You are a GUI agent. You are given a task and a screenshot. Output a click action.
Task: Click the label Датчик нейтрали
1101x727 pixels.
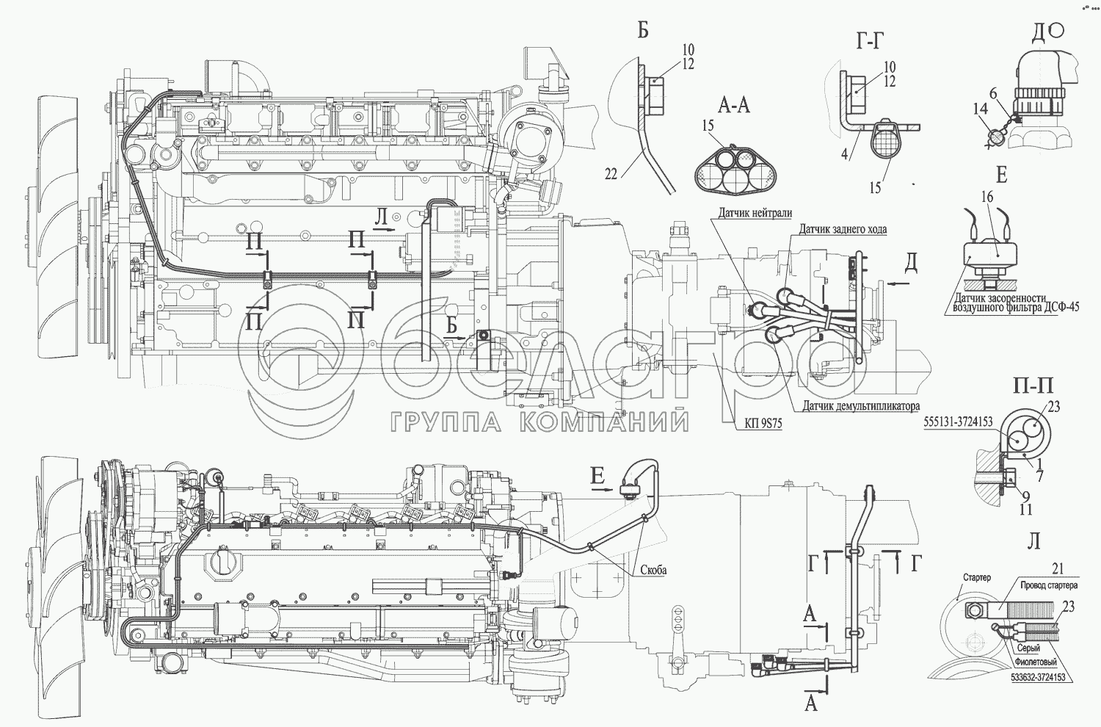(x=755, y=212)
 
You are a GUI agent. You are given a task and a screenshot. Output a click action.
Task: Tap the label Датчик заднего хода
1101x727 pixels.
(x=843, y=229)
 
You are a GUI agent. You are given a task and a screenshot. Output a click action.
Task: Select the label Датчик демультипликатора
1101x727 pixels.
(x=861, y=407)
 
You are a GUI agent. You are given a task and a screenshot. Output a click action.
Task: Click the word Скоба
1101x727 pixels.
(x=654, y=570)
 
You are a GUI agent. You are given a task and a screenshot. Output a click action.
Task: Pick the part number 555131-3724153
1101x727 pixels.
(x=958, y=422)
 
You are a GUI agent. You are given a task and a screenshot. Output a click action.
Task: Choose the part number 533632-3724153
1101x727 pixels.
(x=1031, y=677)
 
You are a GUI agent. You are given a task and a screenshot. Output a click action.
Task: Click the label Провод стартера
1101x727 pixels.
(x=1049, y=586)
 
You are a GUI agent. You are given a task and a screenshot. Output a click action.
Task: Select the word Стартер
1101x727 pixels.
(x=977, y=577)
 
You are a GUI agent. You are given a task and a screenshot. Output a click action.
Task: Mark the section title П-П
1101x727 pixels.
(x=1033, y=386)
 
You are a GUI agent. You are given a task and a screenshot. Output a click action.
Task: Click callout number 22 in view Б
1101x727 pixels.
(x=611, y=175)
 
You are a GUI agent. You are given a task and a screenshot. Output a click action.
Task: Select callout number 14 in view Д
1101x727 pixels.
(x=980, y=109)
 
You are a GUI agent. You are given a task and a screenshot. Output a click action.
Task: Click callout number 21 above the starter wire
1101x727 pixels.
(x=1058, y=569)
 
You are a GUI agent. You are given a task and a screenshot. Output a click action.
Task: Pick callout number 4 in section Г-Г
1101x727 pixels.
(x=844, y=154)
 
